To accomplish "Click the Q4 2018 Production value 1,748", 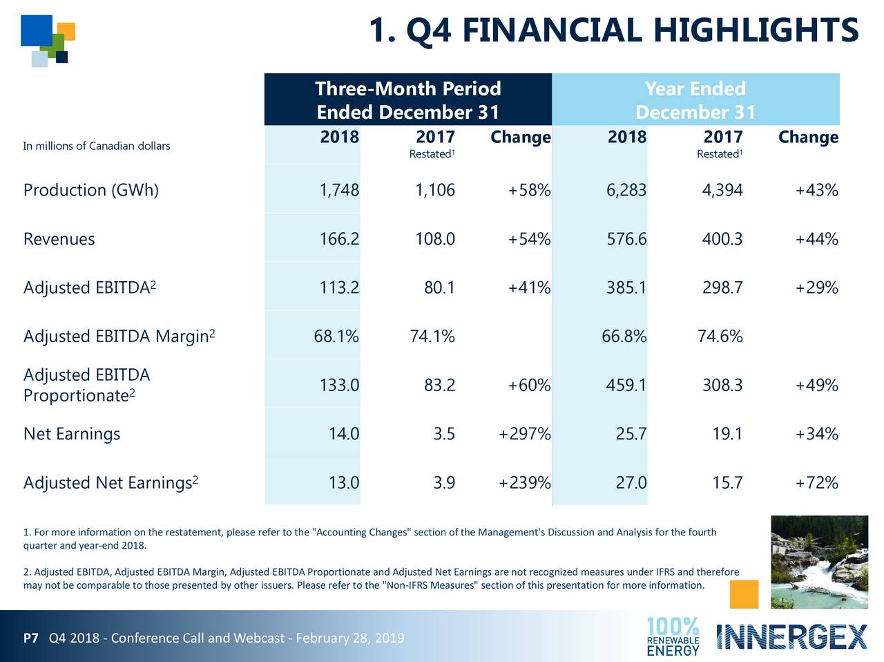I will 338,190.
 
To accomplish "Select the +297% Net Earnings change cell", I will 524,434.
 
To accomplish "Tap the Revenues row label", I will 59,239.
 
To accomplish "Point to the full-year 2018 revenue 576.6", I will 626,239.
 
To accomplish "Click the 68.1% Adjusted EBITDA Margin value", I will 336,337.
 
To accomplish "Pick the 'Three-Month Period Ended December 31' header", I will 407,100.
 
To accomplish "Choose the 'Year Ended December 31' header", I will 695,100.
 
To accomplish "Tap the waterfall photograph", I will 819,562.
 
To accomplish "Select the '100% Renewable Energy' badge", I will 673,636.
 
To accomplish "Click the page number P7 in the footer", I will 30,638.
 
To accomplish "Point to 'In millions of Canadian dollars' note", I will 96,146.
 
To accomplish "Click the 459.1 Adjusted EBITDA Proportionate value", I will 626,385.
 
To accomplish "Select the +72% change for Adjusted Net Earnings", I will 816,482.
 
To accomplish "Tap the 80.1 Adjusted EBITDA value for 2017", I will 439,287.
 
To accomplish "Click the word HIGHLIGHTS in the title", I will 756,31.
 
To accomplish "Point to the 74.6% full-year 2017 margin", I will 720,337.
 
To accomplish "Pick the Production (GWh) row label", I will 90,190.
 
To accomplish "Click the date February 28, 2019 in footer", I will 349,638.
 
